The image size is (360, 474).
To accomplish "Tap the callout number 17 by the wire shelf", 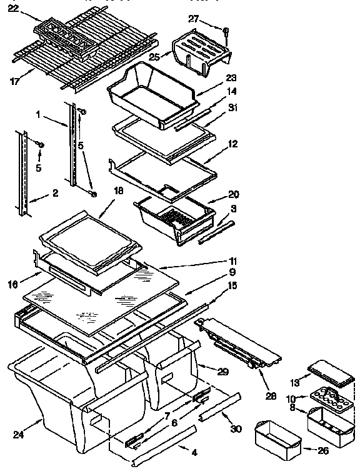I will tap(14, 79).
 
